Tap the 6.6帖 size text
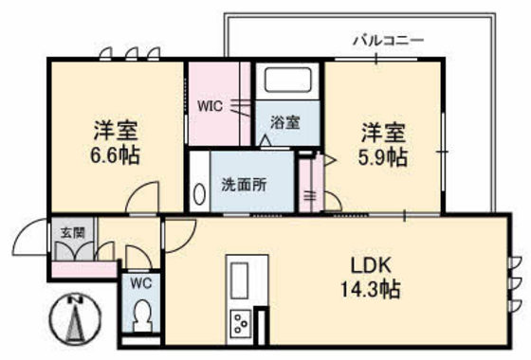pyautogui.click(x=116, y=154)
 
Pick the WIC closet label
pyautogui.click(x=210, y=106)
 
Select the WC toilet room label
pyautogui.click(x=140, y=282)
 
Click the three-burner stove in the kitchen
pyautogui.click(x=240, y=323)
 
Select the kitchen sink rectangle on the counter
pyautogui.click(x=238, y=280)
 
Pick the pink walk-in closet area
pyautogui.click(x=218, y=104)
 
